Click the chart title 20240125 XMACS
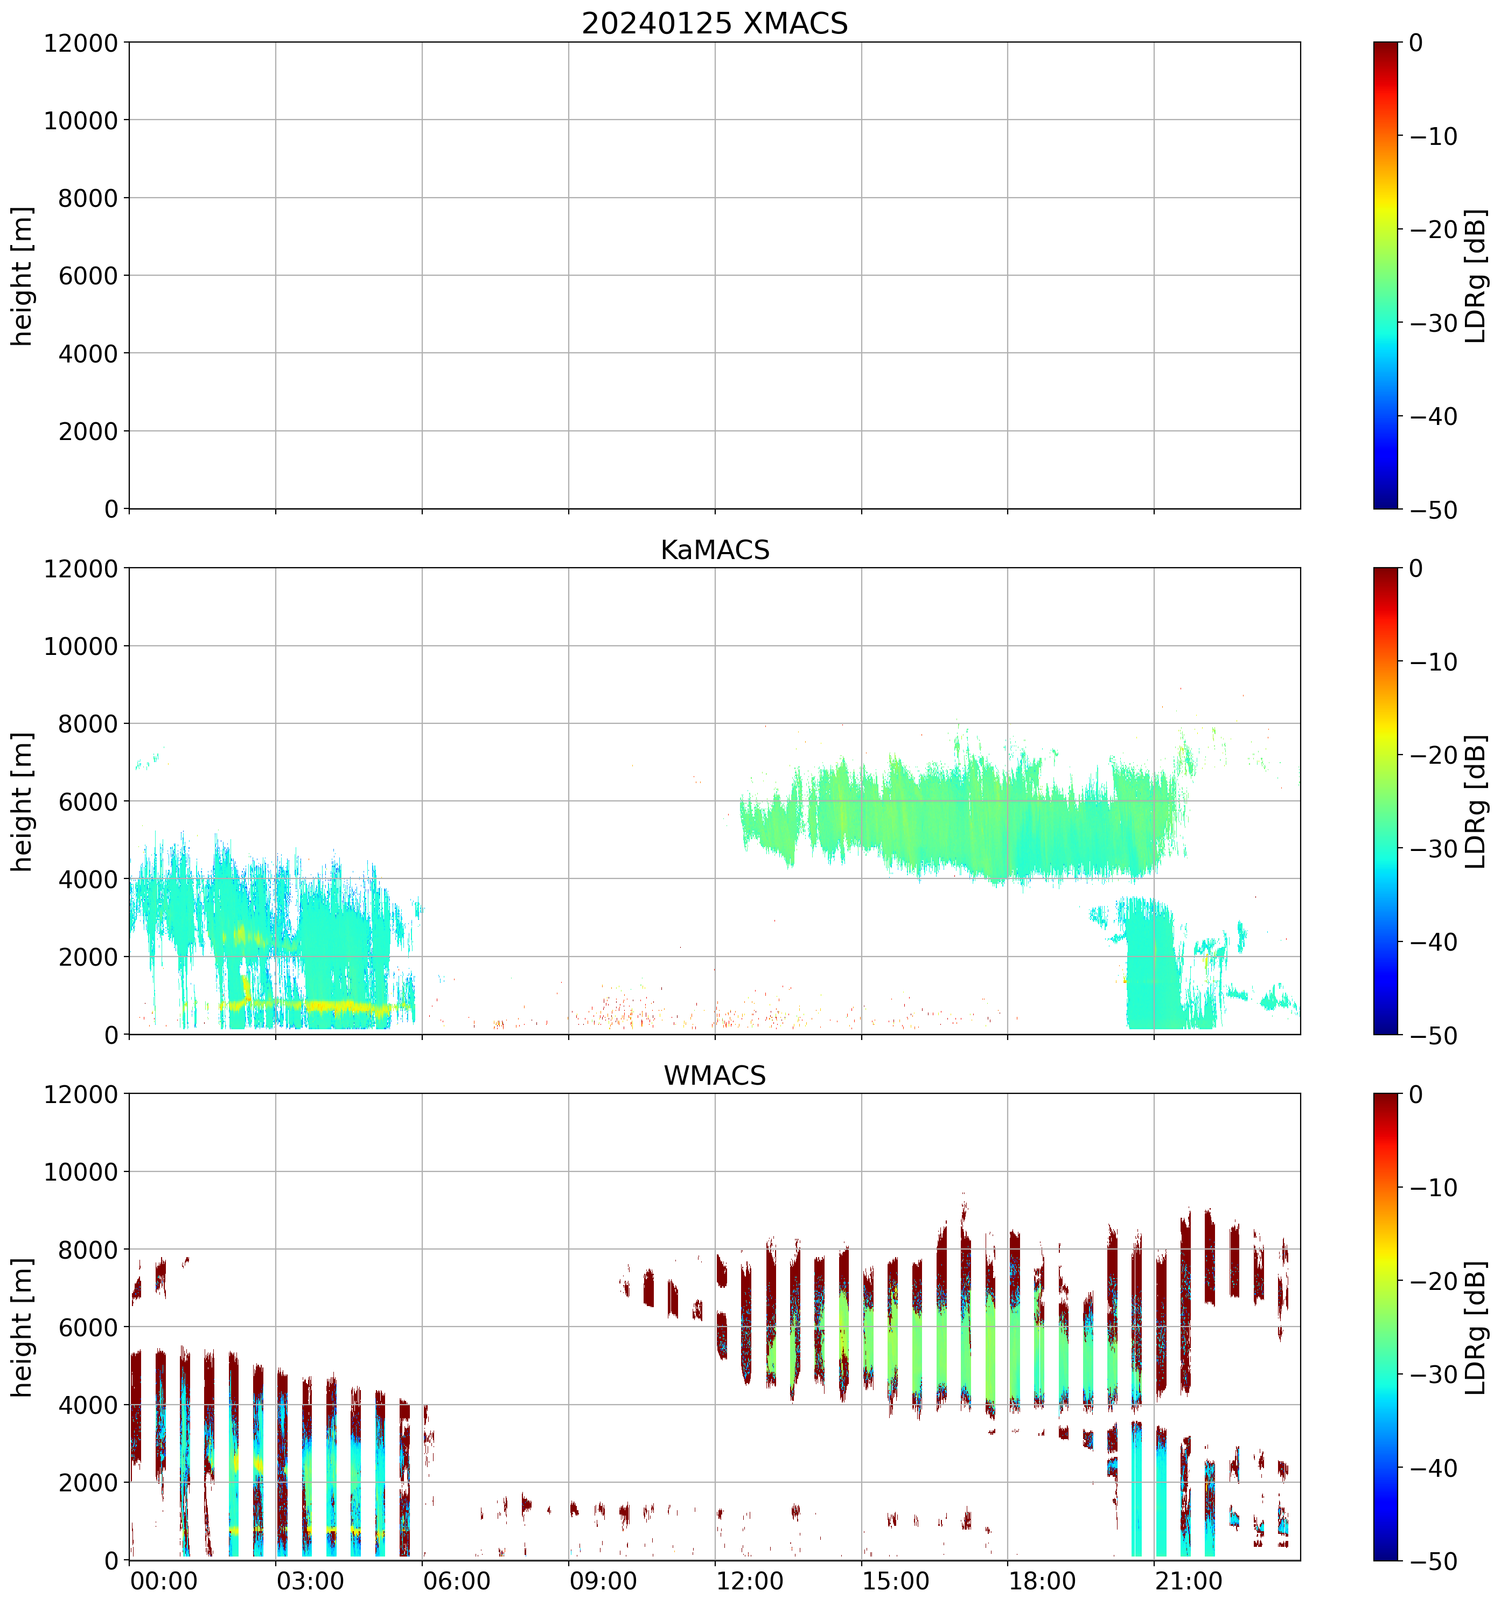pos(715,23)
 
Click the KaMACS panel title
pos(715,550)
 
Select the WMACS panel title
pos(715,1076)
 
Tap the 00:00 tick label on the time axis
pos(164,1580)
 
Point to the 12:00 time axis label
pos(749,1580)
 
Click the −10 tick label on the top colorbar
pos(1434,136)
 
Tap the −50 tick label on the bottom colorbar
pos(1434,1561)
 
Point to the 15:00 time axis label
pos(896,1580)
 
